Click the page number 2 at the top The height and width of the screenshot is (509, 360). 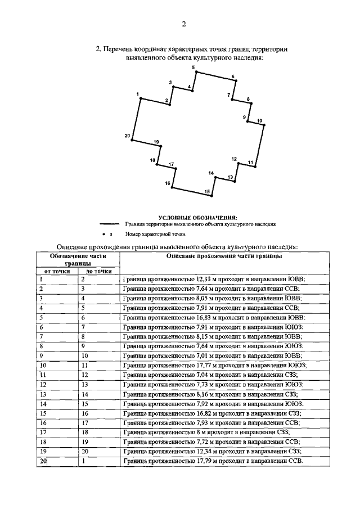[183, 23]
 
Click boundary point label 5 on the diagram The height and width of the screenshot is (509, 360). [193, 67]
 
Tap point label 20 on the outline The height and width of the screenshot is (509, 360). [127, 136]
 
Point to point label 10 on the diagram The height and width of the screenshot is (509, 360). [259, 120]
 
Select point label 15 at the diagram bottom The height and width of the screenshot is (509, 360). [207, 192]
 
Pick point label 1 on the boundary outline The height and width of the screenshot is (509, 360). [137, 94]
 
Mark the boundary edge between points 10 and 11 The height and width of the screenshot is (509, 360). [258, 146]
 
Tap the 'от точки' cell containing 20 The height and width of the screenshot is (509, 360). [43, 462]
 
